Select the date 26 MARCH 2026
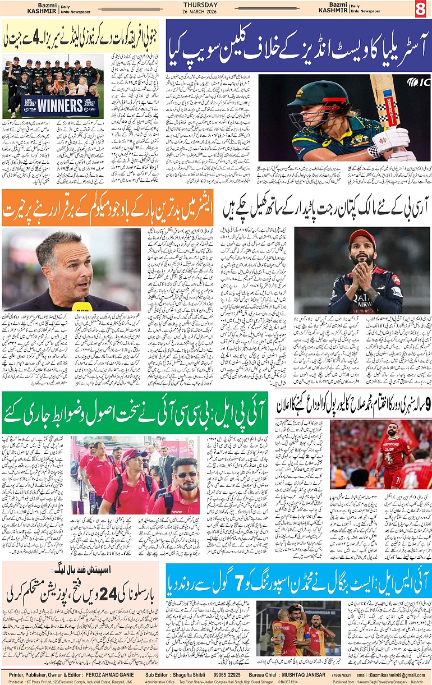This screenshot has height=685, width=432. point(216,12)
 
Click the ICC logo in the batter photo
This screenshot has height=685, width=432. point(419,82)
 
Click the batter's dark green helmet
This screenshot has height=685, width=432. point(311,95)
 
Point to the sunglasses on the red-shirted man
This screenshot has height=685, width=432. point(185,474)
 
